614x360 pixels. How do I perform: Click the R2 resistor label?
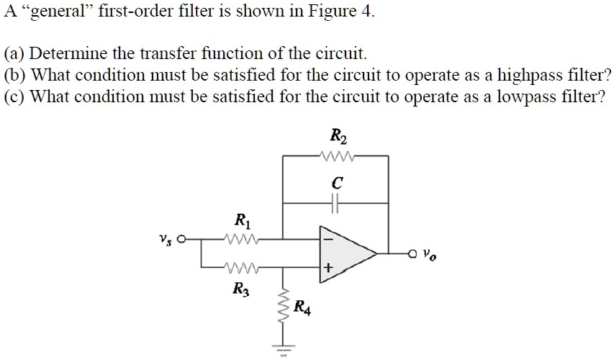336,135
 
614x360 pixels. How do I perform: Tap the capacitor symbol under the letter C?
336,204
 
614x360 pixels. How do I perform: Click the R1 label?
243,221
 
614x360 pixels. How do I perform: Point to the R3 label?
240,289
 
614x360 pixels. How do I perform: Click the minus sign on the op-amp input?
328,238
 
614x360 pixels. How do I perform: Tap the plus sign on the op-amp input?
328,269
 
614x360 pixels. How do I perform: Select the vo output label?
430,254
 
